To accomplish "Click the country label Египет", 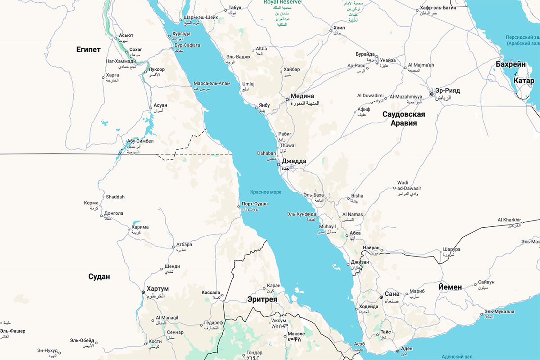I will coord(88,49).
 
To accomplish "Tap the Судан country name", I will coord(99,276).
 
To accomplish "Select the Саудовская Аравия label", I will coord(404,118).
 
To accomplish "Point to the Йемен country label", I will coord(450,287).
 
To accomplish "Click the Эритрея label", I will coord(262,300).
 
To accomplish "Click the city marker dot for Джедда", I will coord(279,164).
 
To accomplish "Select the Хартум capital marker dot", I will coord(144,292).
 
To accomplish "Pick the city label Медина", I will coord(305,96).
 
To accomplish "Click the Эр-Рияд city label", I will coord(447,90).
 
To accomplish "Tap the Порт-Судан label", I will coord(255,204).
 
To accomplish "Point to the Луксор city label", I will coord(157,70).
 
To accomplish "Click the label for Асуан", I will coord(160,105).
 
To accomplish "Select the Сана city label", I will coord(392,294).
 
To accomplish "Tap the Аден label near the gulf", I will coord(407,349).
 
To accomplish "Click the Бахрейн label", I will coord(511,64).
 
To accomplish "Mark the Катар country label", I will coord(524,81).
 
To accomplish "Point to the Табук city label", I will coord(235,8).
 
